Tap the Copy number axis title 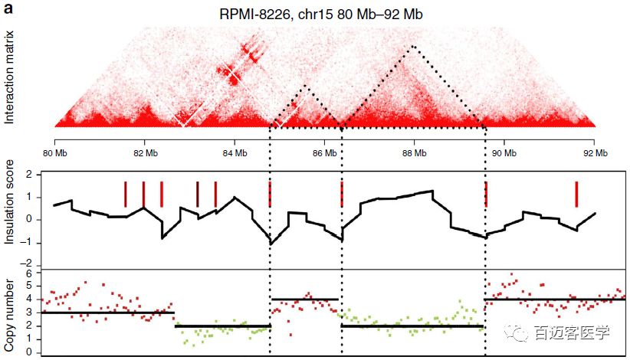[10, 314]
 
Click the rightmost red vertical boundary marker [576, 194]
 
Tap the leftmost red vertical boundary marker [126, 194]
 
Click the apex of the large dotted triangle [413, 46]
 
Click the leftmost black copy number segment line [108, 313]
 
